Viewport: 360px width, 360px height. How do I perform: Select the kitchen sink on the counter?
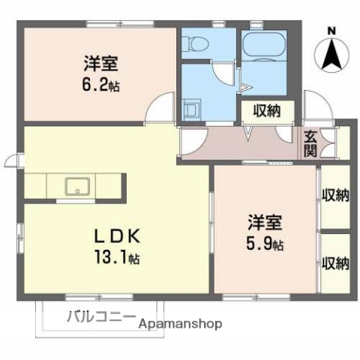[x=76, y=185]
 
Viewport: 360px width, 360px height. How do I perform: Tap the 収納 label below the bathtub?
[x=265, y=110]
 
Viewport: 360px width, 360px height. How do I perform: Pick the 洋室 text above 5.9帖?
[x=267, y=223]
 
